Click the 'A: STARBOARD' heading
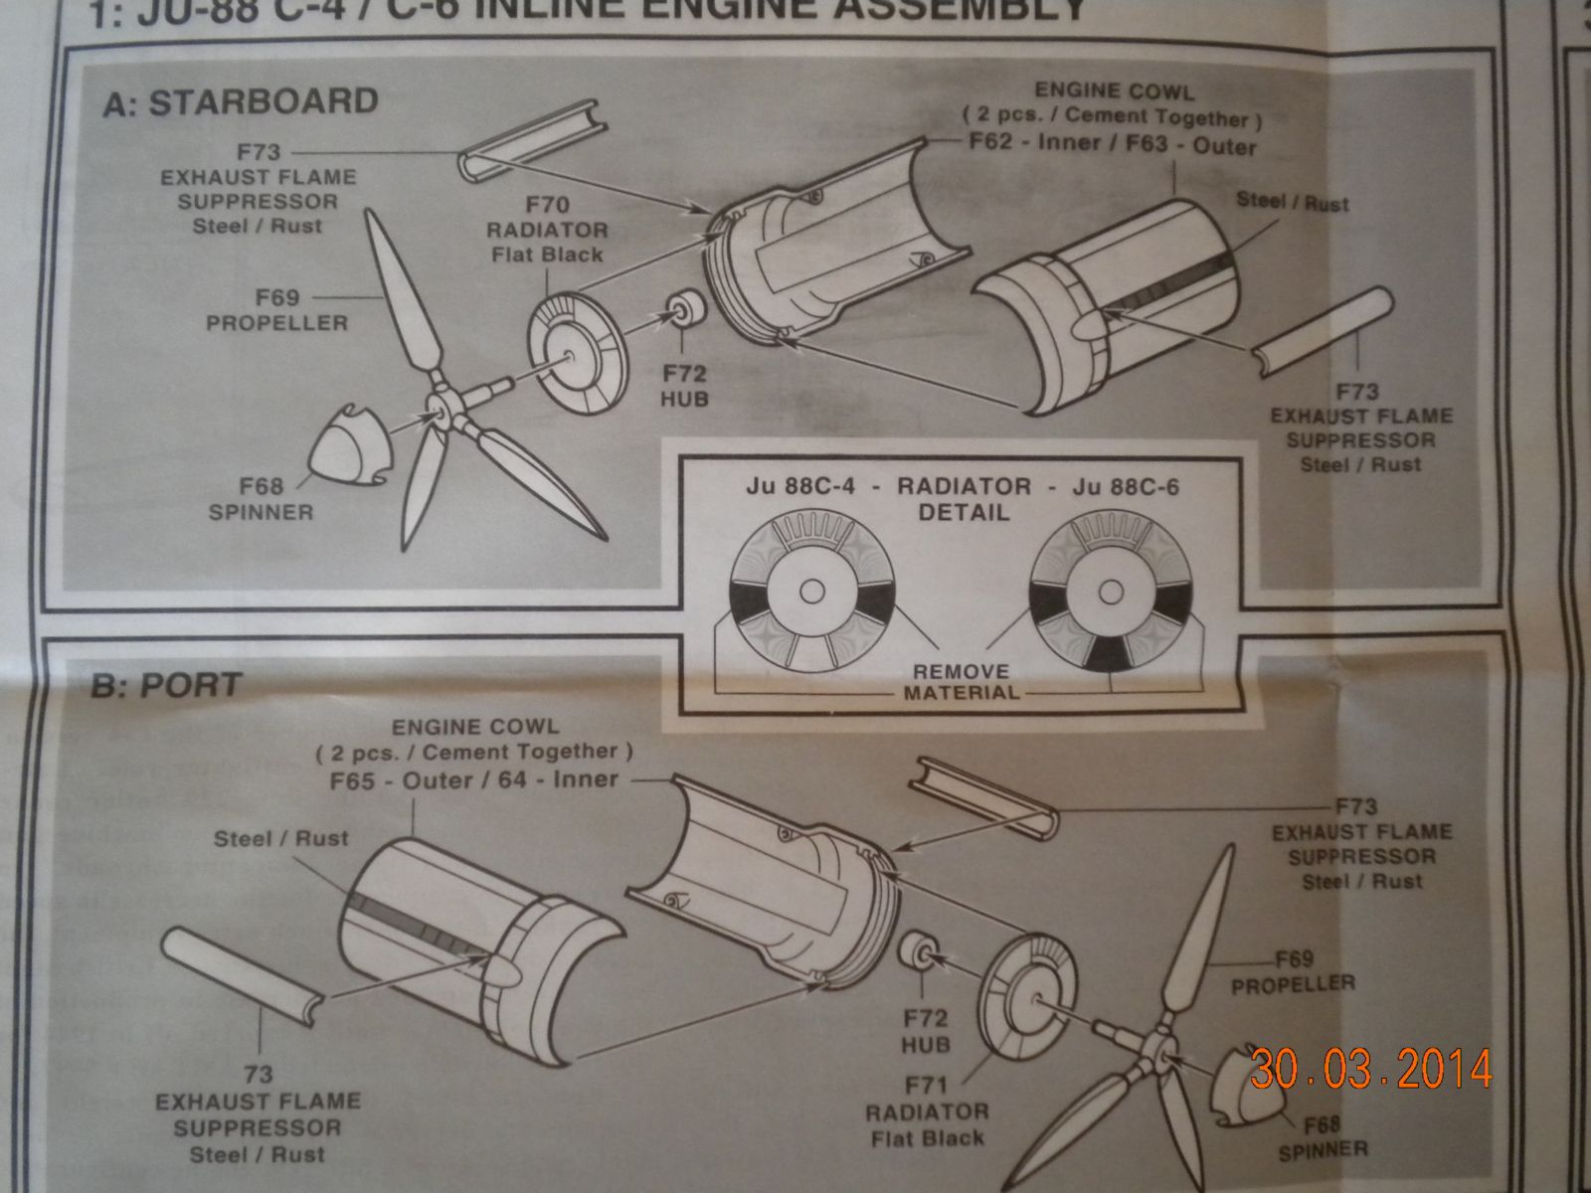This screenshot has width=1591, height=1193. coord(240,102)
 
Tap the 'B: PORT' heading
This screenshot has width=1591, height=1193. coord(166,686)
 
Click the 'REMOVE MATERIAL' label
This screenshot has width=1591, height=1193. coord(961,682)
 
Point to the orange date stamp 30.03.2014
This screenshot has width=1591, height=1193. coord(1371,1069)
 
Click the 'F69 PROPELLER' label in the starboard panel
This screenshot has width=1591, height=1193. coord(277,310)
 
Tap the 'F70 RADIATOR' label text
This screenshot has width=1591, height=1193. coord(547,230)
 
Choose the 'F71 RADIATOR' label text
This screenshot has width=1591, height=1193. coord(927,1111)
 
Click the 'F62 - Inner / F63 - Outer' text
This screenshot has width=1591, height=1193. coord(1113,144)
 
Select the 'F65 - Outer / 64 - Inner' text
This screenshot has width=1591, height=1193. coord(474,779)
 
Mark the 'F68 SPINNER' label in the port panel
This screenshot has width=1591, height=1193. coord(1324,1138)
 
